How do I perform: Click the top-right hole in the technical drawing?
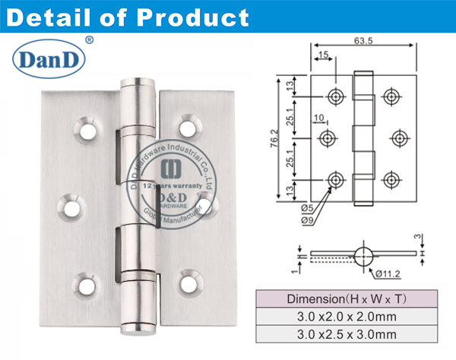(x=391, y=96)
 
